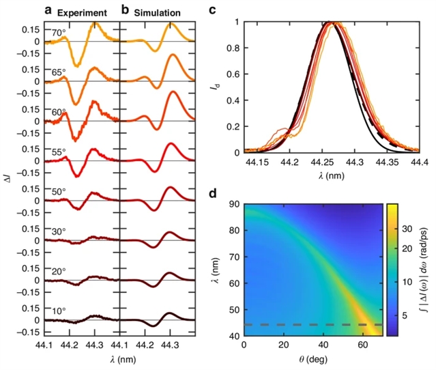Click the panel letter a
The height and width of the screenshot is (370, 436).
[48, 10]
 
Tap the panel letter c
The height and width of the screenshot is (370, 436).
[212, 10]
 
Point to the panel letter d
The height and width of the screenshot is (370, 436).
[212, 194]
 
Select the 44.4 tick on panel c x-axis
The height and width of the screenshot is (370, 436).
[418, 164]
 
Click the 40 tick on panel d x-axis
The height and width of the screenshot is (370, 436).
[303, 347]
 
